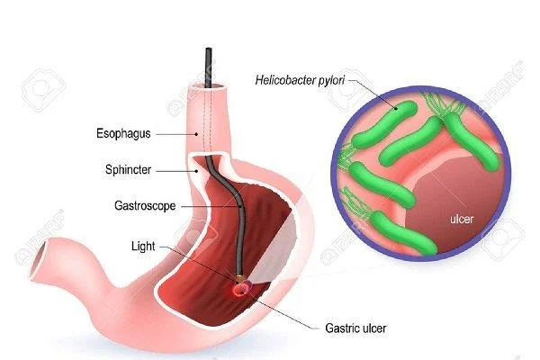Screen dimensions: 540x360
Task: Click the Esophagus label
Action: [x=123, y=134]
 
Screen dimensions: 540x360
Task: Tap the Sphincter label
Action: [x=128, y=170]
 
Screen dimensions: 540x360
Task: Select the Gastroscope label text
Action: [x=145, y=206]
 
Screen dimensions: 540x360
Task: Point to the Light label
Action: [x=143, y=247]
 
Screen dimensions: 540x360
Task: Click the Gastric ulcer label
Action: [x=355, y=328]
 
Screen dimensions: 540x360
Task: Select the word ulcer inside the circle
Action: [x=462, y=219]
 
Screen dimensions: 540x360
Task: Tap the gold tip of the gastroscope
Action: [x=239, y=276]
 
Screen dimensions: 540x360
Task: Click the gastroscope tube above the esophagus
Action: [x=209, y=67]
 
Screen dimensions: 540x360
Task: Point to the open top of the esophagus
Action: [x=209, y=86]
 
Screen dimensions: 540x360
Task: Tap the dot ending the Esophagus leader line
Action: [x=196, y=134]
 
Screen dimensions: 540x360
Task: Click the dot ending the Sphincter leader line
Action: [x=196, y=170]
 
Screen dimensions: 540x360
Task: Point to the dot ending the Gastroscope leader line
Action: [x=240, y=206]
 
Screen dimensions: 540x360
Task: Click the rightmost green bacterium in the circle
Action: [x=472, y=141]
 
